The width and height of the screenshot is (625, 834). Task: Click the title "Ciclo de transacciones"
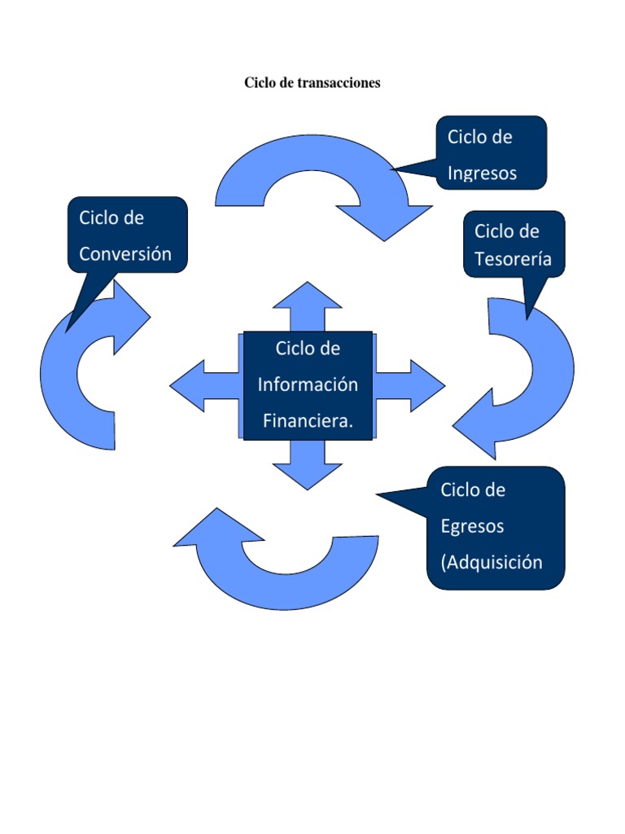[312, 83]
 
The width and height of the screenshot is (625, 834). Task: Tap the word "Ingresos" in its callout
[482, 173]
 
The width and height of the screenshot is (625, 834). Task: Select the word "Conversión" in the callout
[125, 254]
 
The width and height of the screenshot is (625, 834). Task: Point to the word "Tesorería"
[513, 259]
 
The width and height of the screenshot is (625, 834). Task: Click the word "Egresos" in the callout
[472, 526]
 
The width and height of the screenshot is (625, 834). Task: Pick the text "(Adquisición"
[492, 562]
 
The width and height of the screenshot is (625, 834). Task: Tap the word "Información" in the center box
[308, 384]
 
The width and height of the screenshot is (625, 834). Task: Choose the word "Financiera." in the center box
[309, 420]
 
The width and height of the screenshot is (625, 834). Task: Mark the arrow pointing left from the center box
[195, 384]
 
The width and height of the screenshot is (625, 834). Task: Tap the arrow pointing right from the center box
[415, 384]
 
